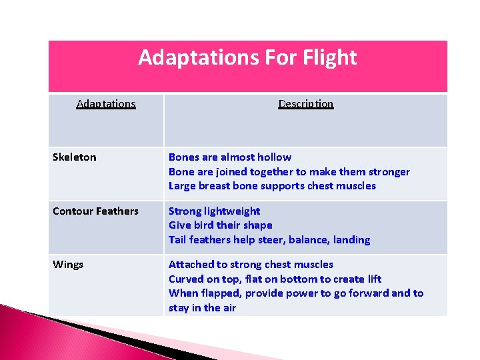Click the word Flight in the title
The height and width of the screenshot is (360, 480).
(x=331, y=58)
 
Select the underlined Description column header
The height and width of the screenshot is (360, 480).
(x=305, y=104)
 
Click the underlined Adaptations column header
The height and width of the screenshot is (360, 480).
(x=106, y=104)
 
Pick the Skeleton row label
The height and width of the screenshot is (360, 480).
(x=74, y=157)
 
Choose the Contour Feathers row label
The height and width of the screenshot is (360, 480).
(x=95, y=211)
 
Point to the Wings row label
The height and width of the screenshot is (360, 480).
(x=68, y=265)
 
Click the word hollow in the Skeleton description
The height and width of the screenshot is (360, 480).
(x=273, y=157)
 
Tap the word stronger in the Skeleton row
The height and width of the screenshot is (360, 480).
(x=386, y=172)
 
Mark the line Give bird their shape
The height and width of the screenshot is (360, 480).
(x=220, y=225)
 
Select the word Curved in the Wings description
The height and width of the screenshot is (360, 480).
(x=187, y=279)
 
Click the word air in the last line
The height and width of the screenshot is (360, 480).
(x=229, y=308)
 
